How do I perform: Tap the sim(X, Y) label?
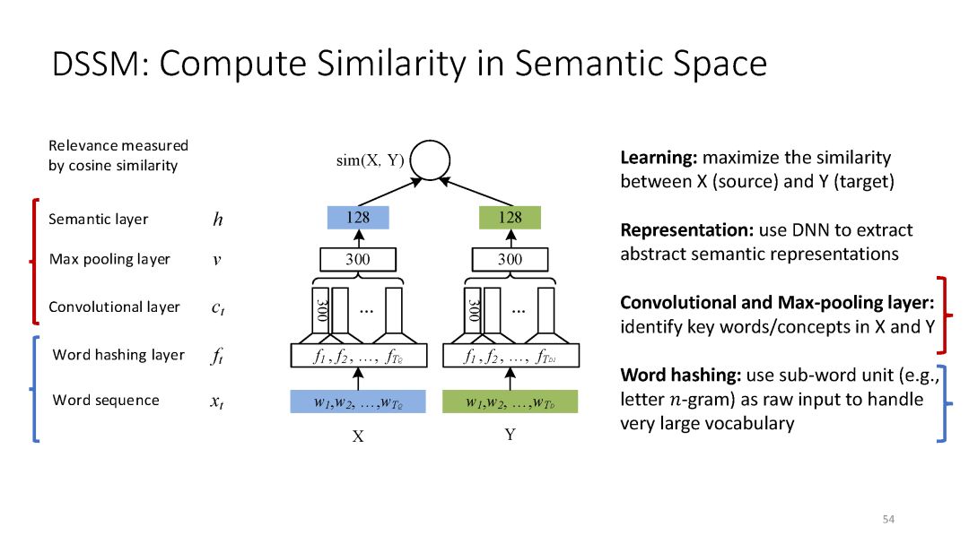[369, 161]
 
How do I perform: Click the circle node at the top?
[431, 160]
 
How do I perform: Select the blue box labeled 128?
[357, 218]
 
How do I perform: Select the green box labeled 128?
[510, 218]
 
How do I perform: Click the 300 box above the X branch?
[357, 260]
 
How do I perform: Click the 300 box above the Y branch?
[510, 260]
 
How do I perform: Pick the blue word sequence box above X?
[357, 402]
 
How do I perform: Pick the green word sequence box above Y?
[510, 402]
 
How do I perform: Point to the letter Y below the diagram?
[510, 435]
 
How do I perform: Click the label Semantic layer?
[99, 219]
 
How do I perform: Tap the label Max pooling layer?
[109, 260]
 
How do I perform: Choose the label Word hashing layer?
[118, 355]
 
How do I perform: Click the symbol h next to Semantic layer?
[217, 220]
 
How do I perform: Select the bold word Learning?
[659, 158]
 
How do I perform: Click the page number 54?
[889, 520]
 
